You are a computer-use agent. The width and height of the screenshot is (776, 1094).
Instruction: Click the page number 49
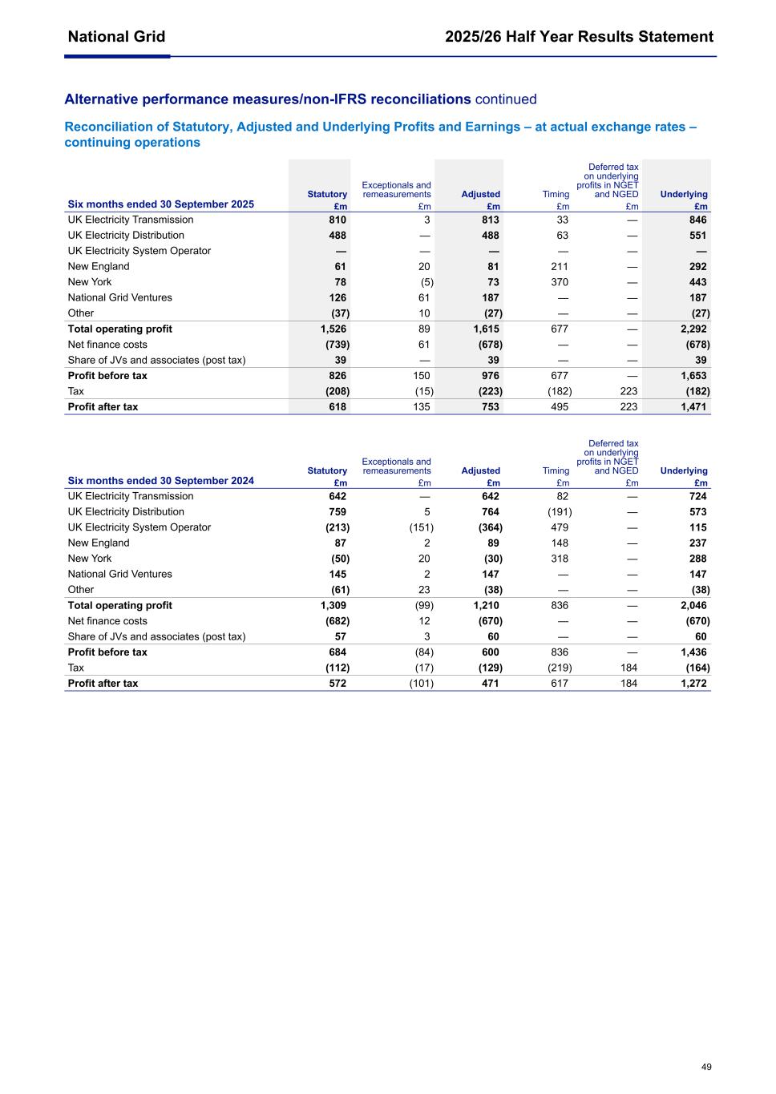coord(705,1067)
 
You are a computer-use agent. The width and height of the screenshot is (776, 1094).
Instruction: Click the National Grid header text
coord(116,37)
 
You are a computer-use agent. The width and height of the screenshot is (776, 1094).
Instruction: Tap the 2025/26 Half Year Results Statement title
coord(579,37)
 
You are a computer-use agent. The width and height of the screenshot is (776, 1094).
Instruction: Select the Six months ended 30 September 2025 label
coord(160,204)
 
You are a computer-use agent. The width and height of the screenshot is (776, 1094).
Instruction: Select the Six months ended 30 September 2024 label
coord(160,481)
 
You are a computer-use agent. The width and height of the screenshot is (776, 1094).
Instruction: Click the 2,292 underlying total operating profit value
coord(693,329)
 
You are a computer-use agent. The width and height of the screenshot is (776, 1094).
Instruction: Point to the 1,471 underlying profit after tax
coord(693,407)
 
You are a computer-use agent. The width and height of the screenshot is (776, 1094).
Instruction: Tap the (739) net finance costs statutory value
coord(337,345)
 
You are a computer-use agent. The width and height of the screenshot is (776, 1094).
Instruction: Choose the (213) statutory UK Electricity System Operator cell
coord(337,527)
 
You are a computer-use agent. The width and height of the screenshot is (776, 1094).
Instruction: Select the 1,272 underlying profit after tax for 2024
coord(693,684)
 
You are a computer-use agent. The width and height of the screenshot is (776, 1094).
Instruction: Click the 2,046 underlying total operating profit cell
coord(693,606)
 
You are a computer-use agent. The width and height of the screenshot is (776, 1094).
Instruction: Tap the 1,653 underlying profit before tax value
coord(693,376)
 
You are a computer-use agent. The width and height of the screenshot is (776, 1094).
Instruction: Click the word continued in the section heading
coord(506,99)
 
